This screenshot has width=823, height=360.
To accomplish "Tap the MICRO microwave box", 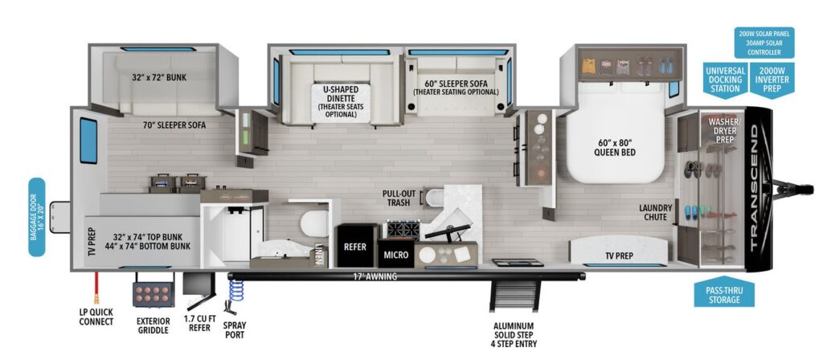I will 395,256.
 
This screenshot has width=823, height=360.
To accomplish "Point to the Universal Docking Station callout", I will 725,80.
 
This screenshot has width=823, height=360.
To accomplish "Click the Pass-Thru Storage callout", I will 724,294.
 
